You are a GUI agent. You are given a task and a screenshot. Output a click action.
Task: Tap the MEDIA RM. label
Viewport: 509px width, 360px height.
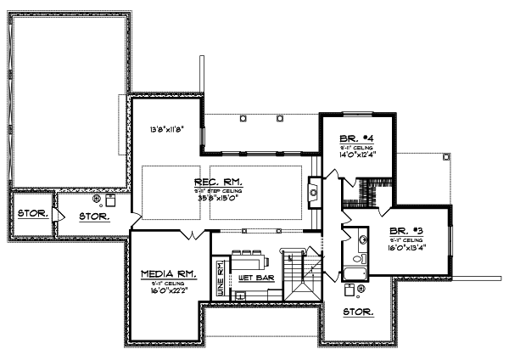(169, 274)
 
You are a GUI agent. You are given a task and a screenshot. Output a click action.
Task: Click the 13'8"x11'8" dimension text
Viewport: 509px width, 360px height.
(166, 130)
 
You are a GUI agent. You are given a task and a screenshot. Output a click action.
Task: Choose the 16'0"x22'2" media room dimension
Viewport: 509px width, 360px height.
(169, 290)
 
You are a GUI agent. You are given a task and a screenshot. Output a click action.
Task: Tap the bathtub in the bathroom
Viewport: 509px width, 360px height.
(355, 272)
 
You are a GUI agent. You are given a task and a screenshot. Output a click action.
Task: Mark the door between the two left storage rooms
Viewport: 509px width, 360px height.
(54, 216)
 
